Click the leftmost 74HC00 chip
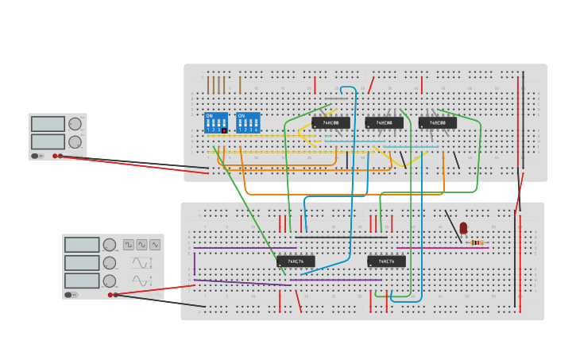click(x=331, y=123)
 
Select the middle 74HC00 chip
click(x=384, y=123)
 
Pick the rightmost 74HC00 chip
click(x=437, y=123)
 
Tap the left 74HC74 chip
click(x=296, y=261)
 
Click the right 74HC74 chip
click(x=386, y=261)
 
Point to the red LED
click(x=463, y=228)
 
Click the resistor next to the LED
click(x=477, y=242)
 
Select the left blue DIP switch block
click(x=216, y=123)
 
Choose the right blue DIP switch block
click(x=248, y=123)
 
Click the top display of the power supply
click(x=48, y=124)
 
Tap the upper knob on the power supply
click(x=75, y=124)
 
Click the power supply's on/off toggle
click(x=35, y=156)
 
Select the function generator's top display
click(x=82, y=245)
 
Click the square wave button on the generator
click(x=128, y=245)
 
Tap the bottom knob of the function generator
click(x=109, y=281)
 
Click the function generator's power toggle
click(x=71, y=295)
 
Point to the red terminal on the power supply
click(x=55, y=156)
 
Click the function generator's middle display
click(x=82, y=263)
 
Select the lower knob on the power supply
click(x=75, y=142)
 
